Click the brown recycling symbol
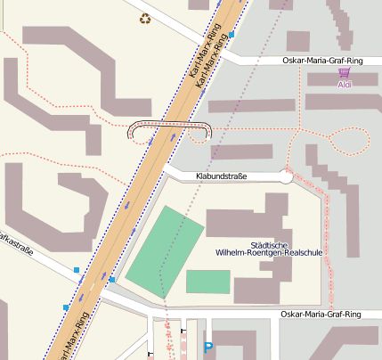click(145, 18)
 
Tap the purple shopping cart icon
click(345, 74)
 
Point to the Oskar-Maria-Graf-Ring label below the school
click(321, 315)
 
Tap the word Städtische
click(269, 243)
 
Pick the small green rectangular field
click(207, 282)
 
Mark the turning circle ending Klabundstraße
click(286, 176)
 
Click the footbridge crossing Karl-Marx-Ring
click(169, 126)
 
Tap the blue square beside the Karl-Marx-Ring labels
click(232, 35)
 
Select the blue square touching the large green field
click(112, 280)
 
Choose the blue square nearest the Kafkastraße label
click(77, 269)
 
